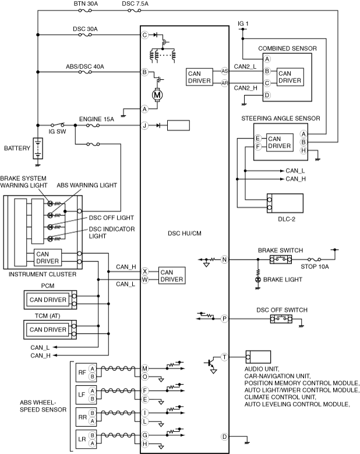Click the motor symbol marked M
[x=157, y=95]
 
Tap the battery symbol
[x=38, y=148]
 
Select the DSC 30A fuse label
[x=85, y=29]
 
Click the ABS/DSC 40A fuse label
[x=85, y=66]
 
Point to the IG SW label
[x=57, y=132]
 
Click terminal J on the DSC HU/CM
[x=144, y=125]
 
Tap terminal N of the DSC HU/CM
[x=224, y=260]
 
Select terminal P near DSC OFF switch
[x=224, y=319]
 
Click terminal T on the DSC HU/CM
[x=224, y=357]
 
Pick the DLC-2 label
[x=287, y=219]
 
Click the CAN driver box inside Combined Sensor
[x=290, y=77]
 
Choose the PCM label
[x=48, y=286]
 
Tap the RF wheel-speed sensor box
[x=86, y=373]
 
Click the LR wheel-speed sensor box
[x=86, y=439]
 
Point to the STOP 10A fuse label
[x=315, y=267]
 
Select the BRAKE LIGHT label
[x=283, y=279]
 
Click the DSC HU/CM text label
[x=185, y=233]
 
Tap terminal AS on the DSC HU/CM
[x=225, y=71]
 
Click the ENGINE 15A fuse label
[x=97, y=119]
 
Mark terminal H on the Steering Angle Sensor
[x=303, y=151]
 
